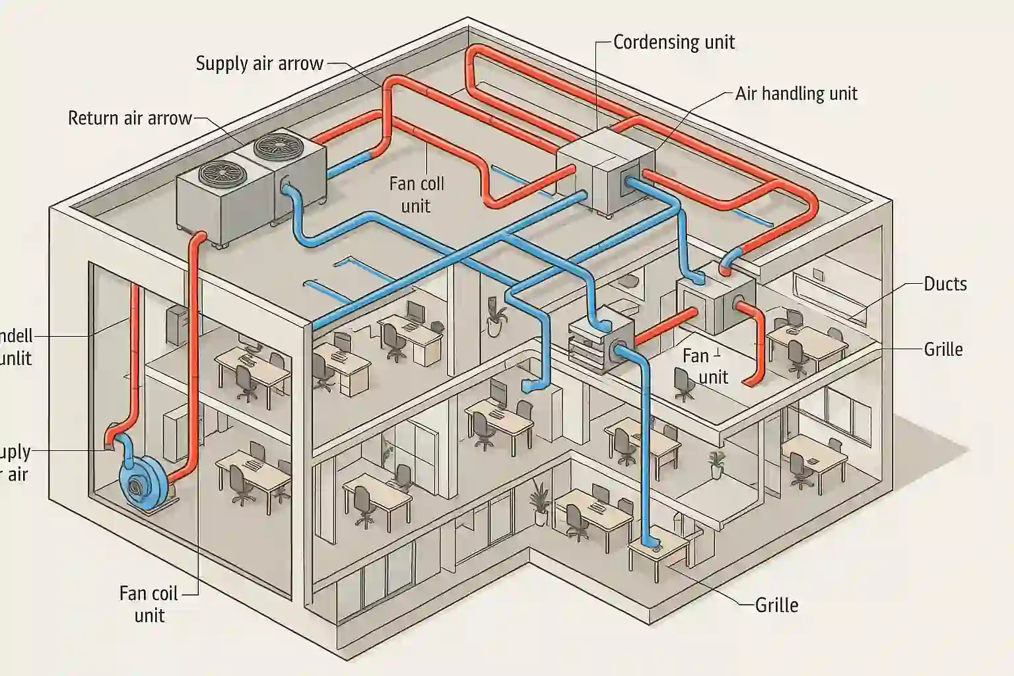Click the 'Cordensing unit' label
(673, 42)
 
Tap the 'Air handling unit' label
(795, 94)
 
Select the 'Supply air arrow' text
(259, 63)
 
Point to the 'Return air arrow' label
(129, 119)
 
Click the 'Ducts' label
(945, 284)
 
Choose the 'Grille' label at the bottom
(776, 605)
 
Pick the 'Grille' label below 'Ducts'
(943, 349)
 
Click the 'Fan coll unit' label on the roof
(416, 195)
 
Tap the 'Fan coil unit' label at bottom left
(149, 604)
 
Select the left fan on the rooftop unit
(220, 173)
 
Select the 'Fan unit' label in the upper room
(705, 366)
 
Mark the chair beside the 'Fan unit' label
(683, 384)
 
